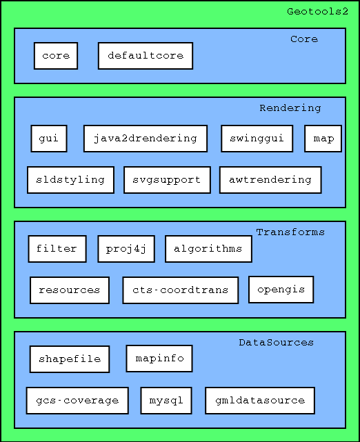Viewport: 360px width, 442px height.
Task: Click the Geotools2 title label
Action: (317, 12)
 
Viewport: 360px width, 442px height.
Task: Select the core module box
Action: (56, 56)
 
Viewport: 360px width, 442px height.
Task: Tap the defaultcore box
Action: (146, 56)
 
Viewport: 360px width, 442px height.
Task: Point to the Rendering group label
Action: (290, 108)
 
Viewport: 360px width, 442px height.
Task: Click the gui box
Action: (49, 139)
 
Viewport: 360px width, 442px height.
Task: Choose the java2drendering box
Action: (146, 139)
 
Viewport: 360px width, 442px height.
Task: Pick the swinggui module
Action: (257, 139)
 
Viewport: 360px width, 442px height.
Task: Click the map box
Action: (323, 139)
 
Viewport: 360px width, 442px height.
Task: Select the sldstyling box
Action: (71, 180)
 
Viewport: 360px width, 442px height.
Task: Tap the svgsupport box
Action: (167, 180)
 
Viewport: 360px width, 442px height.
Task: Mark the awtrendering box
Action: (270, 180)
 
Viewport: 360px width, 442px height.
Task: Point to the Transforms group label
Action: (290, 232)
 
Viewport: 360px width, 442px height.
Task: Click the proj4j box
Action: (126, 249)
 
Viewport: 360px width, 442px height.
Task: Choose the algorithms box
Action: (208, 249)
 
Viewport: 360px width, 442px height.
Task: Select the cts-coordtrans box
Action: (181, 290)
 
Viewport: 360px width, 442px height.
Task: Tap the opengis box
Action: (281, 290)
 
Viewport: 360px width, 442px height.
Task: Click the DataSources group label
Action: (277, 343)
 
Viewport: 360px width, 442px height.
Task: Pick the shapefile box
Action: (70, 359)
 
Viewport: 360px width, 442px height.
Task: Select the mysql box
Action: (166, 401)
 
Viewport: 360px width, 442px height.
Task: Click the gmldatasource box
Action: (260, 401)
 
